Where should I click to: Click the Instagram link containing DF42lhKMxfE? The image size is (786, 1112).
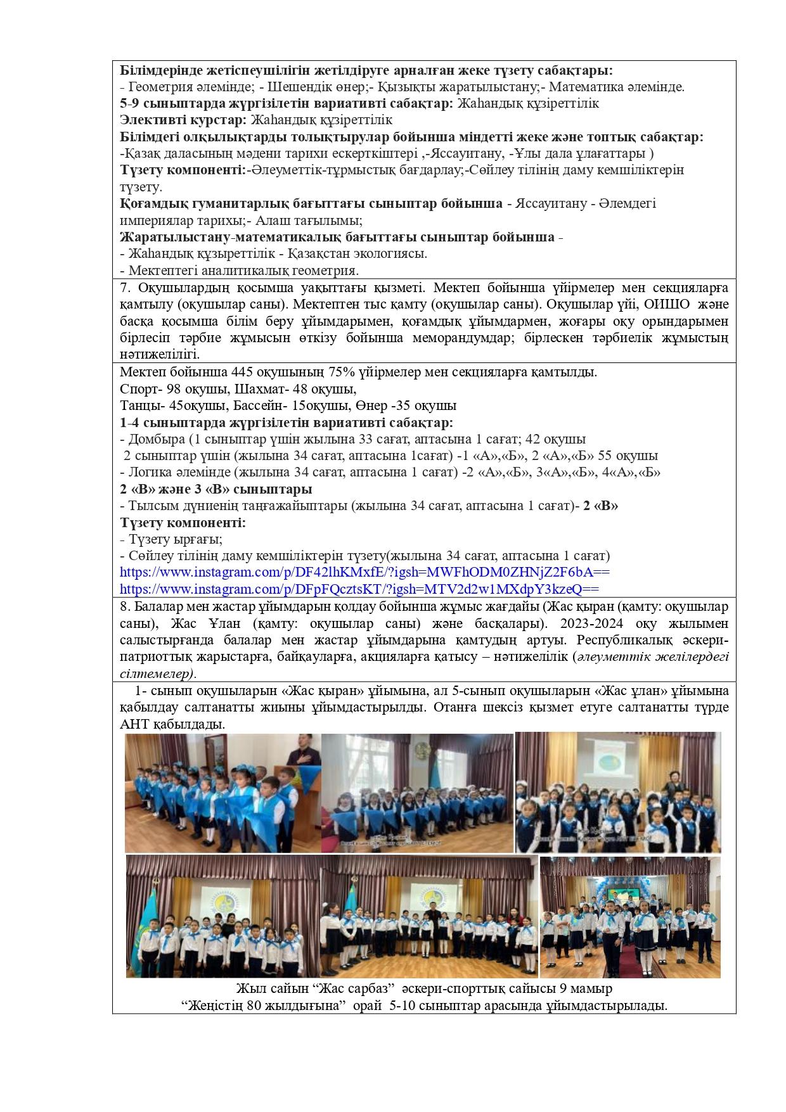364,572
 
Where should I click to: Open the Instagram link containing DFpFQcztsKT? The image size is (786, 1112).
359,589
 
